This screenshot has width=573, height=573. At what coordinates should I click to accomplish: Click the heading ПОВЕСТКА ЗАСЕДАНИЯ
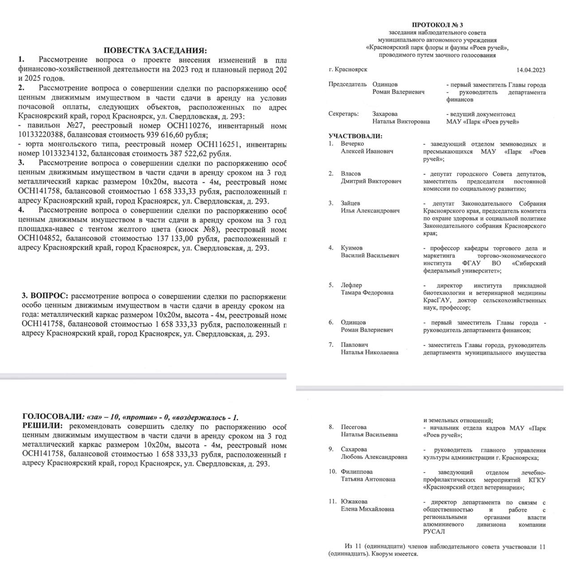155,50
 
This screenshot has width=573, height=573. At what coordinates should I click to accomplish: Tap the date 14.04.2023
531,70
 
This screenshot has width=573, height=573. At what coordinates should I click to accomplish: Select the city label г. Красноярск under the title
348,70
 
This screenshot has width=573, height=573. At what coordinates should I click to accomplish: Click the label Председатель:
347,85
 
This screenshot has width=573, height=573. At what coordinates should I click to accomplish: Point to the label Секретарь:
343,114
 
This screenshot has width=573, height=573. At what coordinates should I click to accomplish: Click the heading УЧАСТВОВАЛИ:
355,136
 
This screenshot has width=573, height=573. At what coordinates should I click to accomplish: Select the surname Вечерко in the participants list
352,144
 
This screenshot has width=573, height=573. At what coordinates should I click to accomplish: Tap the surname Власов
351,174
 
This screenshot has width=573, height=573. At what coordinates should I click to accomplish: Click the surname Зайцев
351,203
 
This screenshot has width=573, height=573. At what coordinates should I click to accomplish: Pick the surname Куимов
352,248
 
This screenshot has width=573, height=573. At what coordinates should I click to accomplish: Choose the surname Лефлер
351,285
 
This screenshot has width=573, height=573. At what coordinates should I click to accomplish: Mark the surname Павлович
355,345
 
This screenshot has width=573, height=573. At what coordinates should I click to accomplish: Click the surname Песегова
354,427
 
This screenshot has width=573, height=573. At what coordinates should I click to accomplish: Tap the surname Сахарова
354,449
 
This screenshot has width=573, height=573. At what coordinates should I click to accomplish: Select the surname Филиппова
357,472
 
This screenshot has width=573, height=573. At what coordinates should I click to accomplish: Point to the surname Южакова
354,502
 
